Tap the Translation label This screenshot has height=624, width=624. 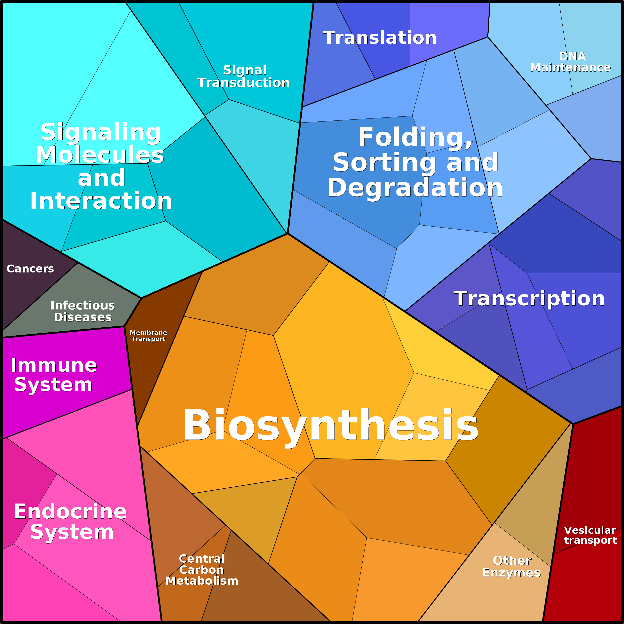(380, 38)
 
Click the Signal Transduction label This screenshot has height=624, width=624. (243, 76)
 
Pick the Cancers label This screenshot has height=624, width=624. (30, 269)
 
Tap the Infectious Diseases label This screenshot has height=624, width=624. (83, 311)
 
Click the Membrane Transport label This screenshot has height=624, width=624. (149, 336)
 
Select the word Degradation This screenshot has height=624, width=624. (415, 188)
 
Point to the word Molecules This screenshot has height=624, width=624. (100, 155)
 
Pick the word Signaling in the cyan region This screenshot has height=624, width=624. (101, 133)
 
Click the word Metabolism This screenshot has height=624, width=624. (202, 581)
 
